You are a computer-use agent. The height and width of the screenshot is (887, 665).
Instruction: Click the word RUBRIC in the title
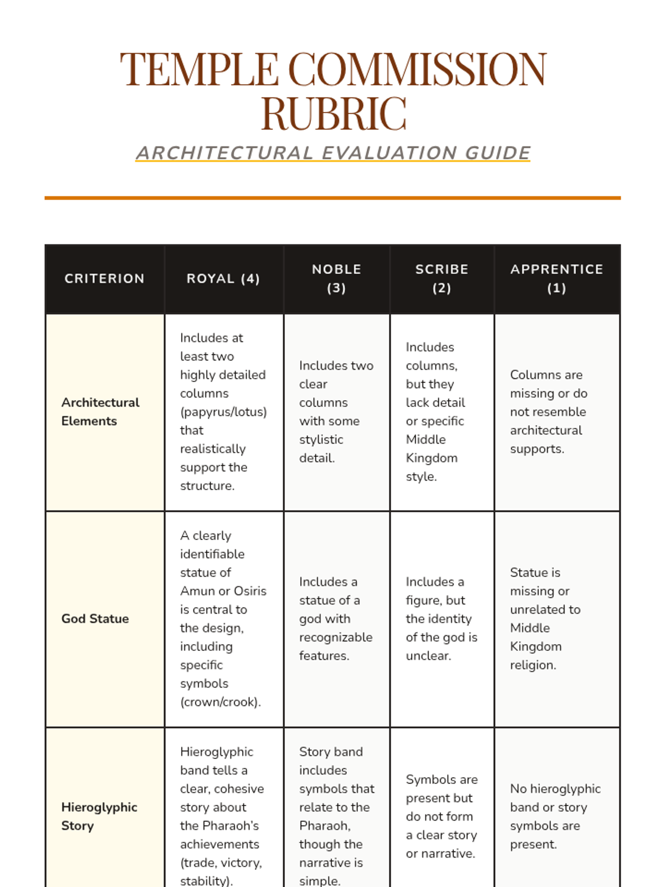click(x=334, y=113)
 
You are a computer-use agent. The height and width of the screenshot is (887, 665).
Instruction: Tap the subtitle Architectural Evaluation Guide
click(x=333, y=153)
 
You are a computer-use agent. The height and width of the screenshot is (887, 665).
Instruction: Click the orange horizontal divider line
click(x=332, y=197)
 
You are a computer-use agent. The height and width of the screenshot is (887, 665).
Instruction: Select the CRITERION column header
click(x=104, y=278)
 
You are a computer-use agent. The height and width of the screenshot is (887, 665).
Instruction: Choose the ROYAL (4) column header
click(x=223, y=278)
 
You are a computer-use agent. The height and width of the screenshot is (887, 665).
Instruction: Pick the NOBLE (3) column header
click(x=336, y=278)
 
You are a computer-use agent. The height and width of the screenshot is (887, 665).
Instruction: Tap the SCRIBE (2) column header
click(x=442, y=278)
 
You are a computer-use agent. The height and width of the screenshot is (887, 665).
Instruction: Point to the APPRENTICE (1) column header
click(x=556, y=278)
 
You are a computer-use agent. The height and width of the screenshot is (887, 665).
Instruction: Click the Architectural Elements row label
click(x=100, y=411)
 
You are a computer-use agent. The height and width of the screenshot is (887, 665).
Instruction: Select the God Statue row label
click(x=95, y=619)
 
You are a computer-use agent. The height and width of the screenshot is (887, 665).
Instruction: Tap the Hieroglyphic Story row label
click(x=99, y=816)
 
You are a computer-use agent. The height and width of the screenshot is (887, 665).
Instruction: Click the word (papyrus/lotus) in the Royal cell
click(x=223, y=412)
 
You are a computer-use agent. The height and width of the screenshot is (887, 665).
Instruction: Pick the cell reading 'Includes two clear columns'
click(x=336, y=411)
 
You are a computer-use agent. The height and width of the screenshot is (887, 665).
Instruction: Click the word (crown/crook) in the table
click(x=220, y=702)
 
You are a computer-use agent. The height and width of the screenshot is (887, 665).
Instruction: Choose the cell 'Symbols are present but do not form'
click(x=441, y=816)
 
